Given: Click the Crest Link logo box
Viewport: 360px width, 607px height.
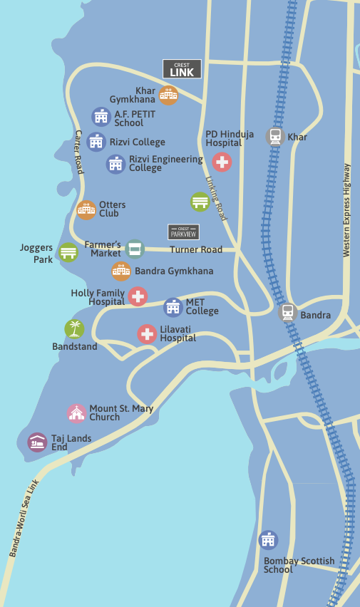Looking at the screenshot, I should (x=182, y=68).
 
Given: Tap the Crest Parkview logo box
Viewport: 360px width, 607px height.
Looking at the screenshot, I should (x=183, y=232).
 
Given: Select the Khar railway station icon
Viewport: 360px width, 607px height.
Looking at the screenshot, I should (x=275, y=137).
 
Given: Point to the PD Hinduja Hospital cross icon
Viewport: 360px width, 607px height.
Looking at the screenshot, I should (x=222, y=162).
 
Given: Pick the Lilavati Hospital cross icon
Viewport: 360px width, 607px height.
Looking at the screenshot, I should (x=147, y=333).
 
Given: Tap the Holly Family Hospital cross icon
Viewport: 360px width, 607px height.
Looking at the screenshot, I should (x=138, y=296).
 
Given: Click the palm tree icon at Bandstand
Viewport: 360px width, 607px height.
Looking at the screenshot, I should (x=74, y=328).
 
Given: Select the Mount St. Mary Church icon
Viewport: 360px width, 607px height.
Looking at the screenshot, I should (x=76, y=413).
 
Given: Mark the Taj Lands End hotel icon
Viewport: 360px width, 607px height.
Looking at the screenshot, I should (x=37, y=442).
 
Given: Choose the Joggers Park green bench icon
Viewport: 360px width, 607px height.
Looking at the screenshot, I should (x=68, y=252).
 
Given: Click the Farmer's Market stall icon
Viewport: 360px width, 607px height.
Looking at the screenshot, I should (x=135, y=249).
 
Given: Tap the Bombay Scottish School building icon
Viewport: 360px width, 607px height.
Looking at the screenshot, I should (x=268, y=539).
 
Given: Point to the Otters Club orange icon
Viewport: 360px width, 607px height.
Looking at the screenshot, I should (x=86, y=209).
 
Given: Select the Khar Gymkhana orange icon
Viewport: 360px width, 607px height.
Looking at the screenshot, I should (x=168, y=95).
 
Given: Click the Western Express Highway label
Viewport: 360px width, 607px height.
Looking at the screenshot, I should (x=347, y=210).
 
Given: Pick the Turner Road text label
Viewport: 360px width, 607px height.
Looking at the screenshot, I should (x=196, y=249).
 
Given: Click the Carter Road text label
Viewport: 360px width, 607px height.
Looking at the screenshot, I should (x=79, y=152).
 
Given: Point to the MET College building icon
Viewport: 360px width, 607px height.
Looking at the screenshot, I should (x=173, y=307).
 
